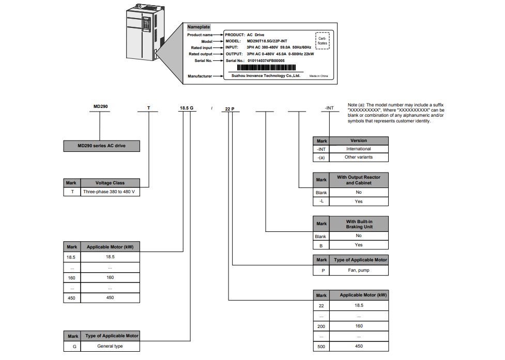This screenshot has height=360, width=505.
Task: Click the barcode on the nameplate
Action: coord(267,68)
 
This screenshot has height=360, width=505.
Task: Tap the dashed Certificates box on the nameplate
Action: coord(322,40)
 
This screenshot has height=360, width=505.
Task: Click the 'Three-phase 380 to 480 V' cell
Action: coord(110,192)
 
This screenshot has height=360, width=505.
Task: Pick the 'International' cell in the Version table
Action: coord(358,149)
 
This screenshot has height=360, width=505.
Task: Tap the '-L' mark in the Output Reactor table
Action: coord(322,201)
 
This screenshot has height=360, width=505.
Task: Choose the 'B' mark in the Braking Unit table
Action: coord(322,245)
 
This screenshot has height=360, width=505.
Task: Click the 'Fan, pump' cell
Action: coord(358,270)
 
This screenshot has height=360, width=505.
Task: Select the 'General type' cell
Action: coord(110,346)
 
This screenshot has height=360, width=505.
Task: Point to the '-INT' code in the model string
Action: coord(329,108)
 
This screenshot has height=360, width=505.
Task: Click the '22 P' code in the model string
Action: coord(230,108)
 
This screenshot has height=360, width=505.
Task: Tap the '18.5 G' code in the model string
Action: coord(187,108)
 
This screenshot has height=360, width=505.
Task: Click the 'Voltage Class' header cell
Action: coord(110,183)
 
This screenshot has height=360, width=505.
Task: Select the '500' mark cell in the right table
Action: coord(322,347)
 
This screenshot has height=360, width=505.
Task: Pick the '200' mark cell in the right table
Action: coord(322,326)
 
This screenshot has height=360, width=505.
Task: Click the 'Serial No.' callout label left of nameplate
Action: coord(202,61)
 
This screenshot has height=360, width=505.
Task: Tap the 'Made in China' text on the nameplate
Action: coord(318,76)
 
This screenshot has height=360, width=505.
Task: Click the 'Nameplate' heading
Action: coord(198,26)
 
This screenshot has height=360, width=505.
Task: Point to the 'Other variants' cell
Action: coord(358,157)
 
